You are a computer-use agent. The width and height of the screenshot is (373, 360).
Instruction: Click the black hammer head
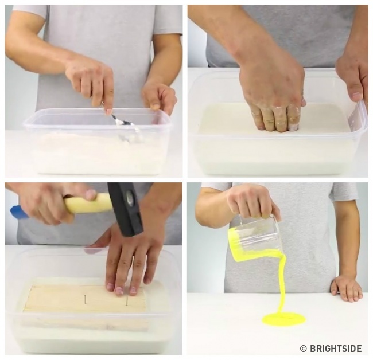pos(126,209)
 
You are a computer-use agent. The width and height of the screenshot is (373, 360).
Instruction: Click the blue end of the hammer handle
pos(19,212)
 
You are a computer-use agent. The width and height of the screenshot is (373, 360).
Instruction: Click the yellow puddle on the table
pos(284,318)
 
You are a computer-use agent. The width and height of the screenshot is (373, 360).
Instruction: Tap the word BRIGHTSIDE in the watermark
pos(336,349)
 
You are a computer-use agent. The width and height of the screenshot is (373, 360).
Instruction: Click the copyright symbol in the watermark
pos(304,349)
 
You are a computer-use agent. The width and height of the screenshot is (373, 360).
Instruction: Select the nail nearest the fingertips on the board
pos(127,300)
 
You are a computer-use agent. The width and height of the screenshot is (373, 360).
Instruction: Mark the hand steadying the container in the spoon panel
pos(159,95)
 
